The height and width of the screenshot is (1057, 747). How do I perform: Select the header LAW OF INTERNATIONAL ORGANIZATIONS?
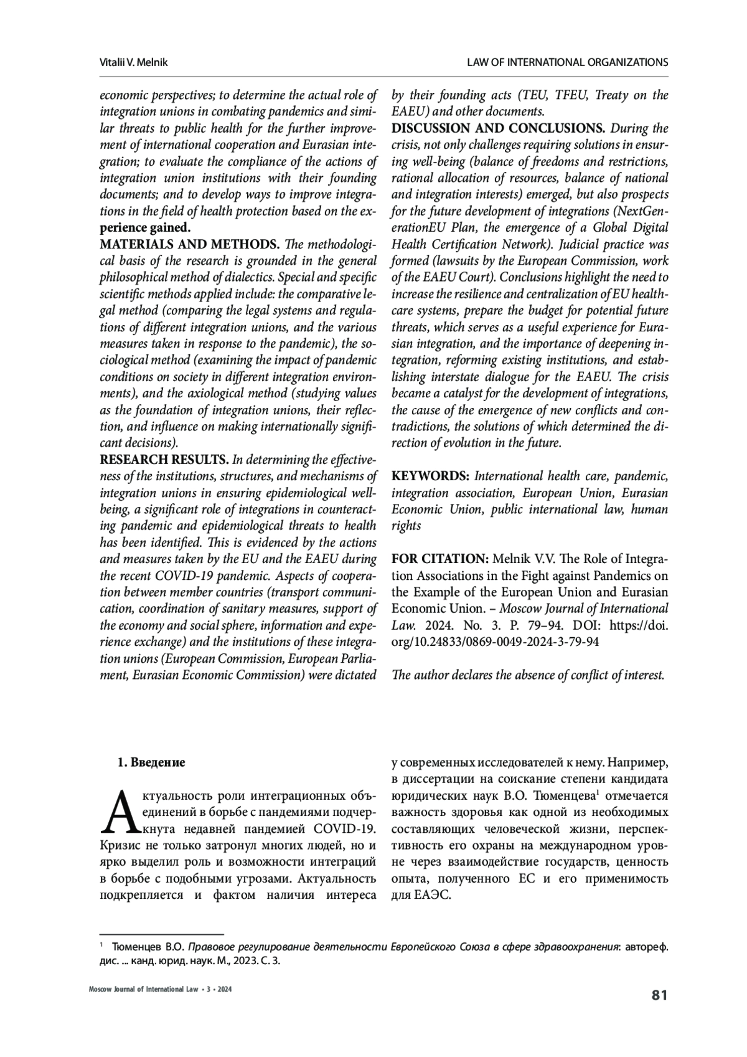point(567,62)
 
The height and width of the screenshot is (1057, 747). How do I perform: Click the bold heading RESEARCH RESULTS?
point(164,460)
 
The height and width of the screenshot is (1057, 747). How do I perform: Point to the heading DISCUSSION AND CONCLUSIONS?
point(498,129)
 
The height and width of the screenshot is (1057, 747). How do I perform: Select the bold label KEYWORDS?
point(430,476)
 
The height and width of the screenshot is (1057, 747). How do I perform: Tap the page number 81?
point(659,995)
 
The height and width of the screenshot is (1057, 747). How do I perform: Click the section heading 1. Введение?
point(152,762)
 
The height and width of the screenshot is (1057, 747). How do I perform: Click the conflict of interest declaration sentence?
point(529,675)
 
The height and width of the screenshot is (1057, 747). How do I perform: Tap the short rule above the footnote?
point(162,934)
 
